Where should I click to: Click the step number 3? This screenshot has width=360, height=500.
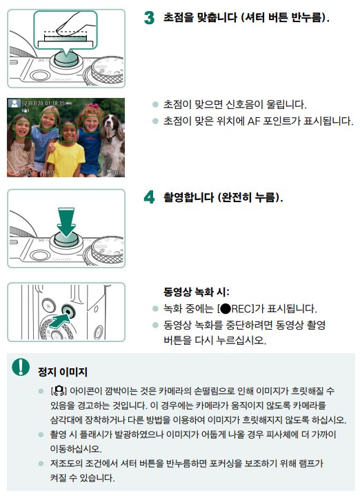149,17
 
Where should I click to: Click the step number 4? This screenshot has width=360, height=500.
149,197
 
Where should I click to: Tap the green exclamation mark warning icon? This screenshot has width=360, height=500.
21,367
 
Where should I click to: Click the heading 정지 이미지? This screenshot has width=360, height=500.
63,372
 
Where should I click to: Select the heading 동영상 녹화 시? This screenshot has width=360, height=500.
197,292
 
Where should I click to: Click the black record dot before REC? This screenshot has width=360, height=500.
225,309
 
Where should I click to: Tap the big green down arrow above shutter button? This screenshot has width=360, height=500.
66,222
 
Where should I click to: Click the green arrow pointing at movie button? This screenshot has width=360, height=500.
59,321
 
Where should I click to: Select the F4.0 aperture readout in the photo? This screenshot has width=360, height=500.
49,172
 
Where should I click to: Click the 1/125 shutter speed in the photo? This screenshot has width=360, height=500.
26,172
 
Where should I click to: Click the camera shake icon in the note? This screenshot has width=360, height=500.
59,390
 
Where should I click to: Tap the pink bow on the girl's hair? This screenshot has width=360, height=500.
93,106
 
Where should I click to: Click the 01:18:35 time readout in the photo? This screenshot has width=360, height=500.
55,103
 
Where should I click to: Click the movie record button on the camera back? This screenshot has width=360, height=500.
68,310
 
